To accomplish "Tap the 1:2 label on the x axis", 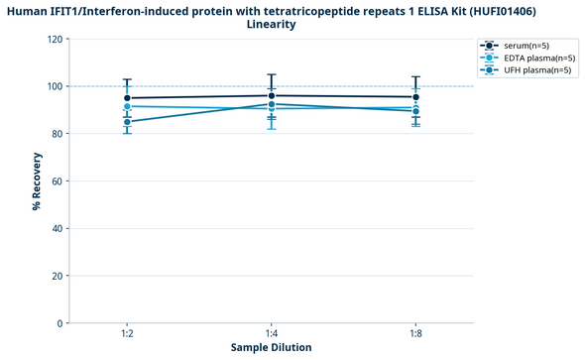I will [x=128, y=335].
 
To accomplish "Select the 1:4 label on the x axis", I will [x=272, y=335].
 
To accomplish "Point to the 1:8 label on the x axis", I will [x=415, y=335].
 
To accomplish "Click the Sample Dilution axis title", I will [x=272, y=348].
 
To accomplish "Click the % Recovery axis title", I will [x=37, y=181].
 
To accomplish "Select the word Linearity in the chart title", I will [x=272, y=25].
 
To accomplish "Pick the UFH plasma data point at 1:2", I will [x=128, y=122].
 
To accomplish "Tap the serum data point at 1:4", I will [x=272, y=95].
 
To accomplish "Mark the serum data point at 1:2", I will [x=128, y=98].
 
